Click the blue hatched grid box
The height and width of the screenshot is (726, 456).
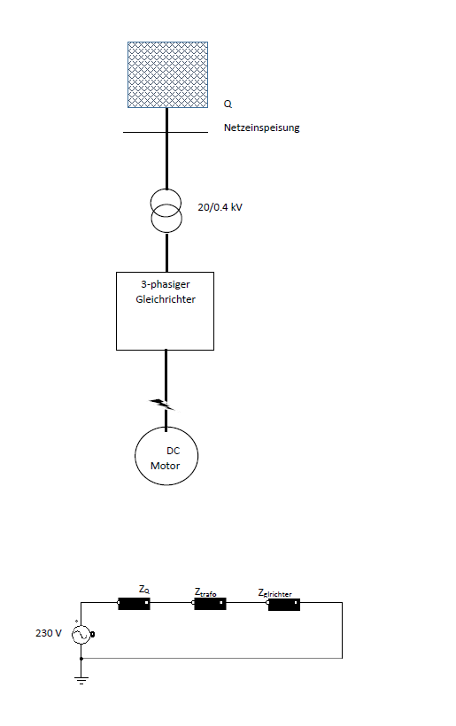click(x=167, y=74)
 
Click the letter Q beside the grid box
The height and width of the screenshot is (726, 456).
click(x=228, y=104)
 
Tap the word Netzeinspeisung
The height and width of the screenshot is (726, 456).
click(x=261, y=127)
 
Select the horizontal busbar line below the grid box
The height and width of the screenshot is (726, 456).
click(x=166, y=133)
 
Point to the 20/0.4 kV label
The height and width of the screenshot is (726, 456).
click(x=220, y=207)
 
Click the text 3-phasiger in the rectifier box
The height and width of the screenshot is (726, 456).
click(x=166, y=284)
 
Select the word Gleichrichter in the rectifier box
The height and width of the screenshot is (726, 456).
click(x=166, y=299)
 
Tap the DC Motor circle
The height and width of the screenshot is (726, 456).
click(x=135, y=456)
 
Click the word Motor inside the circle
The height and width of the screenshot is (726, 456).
click(x=166, y=466)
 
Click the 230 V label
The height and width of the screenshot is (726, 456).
click(x=49, y=633)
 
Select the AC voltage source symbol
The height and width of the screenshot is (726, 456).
click(x=82, y=634)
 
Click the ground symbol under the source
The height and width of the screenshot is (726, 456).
click(x=81, y=680)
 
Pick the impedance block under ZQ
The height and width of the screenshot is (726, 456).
click(x=134, y=603)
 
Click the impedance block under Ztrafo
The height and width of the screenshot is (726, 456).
click(x=209, y=603)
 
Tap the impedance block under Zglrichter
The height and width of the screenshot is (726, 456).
click(x=283, y=605)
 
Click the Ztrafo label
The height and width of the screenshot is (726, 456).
click(x=205, y=592)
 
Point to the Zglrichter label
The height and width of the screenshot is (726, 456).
click(x=275, y=593)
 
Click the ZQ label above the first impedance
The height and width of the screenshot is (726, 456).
click(x=144, y=590)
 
